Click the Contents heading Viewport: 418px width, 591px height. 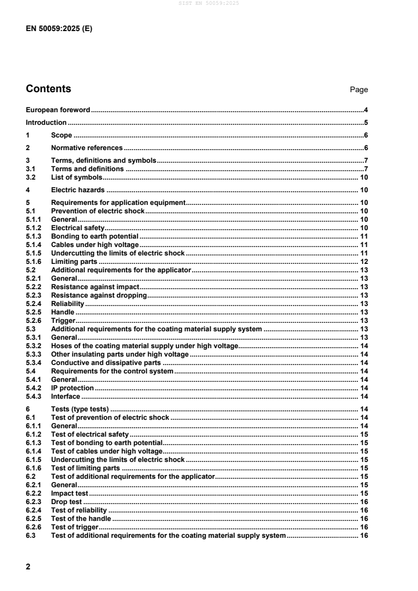(48, 88)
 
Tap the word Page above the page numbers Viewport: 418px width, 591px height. (359, 90)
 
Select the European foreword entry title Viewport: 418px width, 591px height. (58, 110)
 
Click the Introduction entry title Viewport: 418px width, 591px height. (46, 123)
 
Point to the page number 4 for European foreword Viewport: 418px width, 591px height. (365, 110)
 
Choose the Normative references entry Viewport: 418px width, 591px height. (86, 148)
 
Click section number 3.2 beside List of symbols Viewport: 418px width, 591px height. (31, 177)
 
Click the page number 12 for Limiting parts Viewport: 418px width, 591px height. (364, 262)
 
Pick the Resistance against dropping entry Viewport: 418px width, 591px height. (98, 296)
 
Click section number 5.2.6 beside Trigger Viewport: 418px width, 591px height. (33, 321)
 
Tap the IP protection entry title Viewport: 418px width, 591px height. (72, 388)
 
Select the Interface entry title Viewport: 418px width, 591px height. (65, 396)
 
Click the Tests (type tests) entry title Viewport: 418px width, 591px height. (80, 409)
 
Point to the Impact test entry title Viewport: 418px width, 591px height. (70, 493)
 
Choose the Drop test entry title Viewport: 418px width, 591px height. (66, 501)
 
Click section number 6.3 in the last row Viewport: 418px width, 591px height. (31, 535)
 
